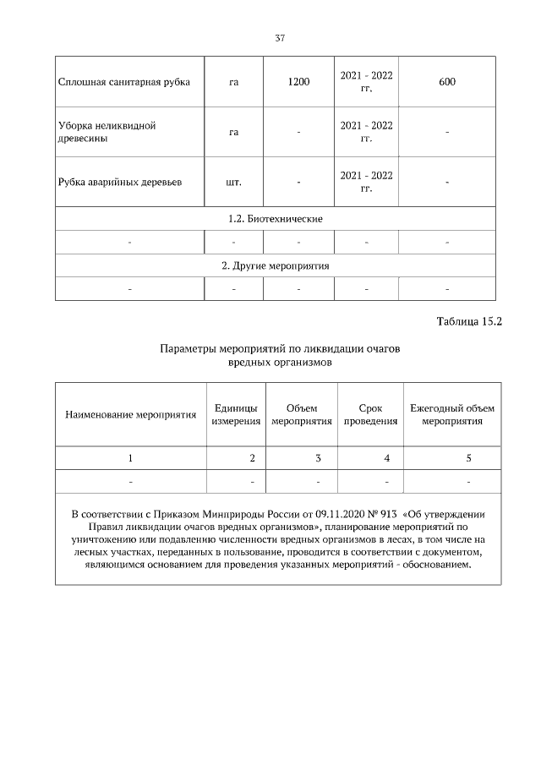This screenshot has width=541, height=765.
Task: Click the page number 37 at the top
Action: point(279,38)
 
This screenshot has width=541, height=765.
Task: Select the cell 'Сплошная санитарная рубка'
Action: point(123,82)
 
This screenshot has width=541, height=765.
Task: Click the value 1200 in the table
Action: point(298,82)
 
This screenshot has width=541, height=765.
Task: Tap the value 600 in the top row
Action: point(447,82)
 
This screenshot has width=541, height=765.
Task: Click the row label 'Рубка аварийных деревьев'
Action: point(119,182)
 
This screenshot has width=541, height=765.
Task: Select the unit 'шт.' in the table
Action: point(234,182)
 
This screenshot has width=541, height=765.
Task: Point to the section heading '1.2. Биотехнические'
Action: point(276,218)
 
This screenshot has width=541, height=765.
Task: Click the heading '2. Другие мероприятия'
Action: point(276,265)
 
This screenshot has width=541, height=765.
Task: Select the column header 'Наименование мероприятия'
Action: point(130,414)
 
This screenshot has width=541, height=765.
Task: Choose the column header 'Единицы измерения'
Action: point(236,414)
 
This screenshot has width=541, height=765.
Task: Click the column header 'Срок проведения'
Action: point(370,414)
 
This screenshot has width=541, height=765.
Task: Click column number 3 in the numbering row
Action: point(318,458)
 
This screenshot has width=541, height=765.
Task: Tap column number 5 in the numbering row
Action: point(468,458)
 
